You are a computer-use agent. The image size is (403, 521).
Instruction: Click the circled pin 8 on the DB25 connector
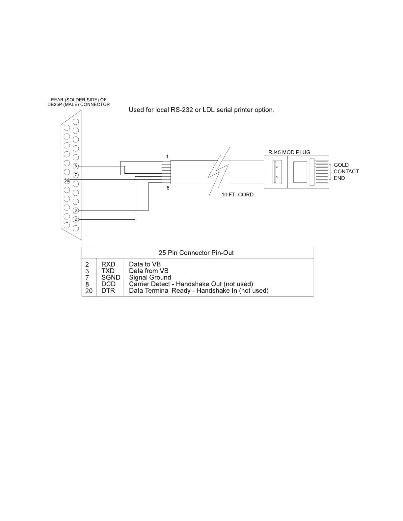tap(76, 166)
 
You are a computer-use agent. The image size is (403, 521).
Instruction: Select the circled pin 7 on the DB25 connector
tap(76, 175)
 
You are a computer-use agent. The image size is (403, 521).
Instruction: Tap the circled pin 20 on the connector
tap(67, 181)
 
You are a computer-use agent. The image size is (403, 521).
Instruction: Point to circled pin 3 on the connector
tap(76, 210)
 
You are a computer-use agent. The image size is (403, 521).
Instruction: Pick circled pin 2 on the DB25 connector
tap(76, 219)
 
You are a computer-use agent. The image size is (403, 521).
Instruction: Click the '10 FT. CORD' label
tap(237, 195)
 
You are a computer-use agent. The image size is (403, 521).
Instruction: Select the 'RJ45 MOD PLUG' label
tap(289, 153)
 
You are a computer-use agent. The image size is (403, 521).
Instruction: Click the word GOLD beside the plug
tap(341, 165)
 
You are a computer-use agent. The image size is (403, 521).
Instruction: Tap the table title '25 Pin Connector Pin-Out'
tap(196, 253)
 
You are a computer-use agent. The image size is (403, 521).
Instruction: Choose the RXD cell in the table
tap(108, 264)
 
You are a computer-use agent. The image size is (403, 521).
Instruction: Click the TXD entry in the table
tap(108, 271)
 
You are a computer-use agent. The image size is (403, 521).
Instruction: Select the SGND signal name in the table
tap(111, 278)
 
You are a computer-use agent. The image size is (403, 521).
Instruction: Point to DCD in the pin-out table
tap(108, 284)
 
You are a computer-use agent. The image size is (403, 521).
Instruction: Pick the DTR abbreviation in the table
tap(108, 291)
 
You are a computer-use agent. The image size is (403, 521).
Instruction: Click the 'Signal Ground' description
tap(150, 278)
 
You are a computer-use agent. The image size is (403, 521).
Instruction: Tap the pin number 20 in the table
tap(89, 291)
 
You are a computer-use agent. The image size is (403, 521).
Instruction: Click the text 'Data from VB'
tap(149, 271)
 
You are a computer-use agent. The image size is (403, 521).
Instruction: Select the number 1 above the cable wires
tap(167, 156)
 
